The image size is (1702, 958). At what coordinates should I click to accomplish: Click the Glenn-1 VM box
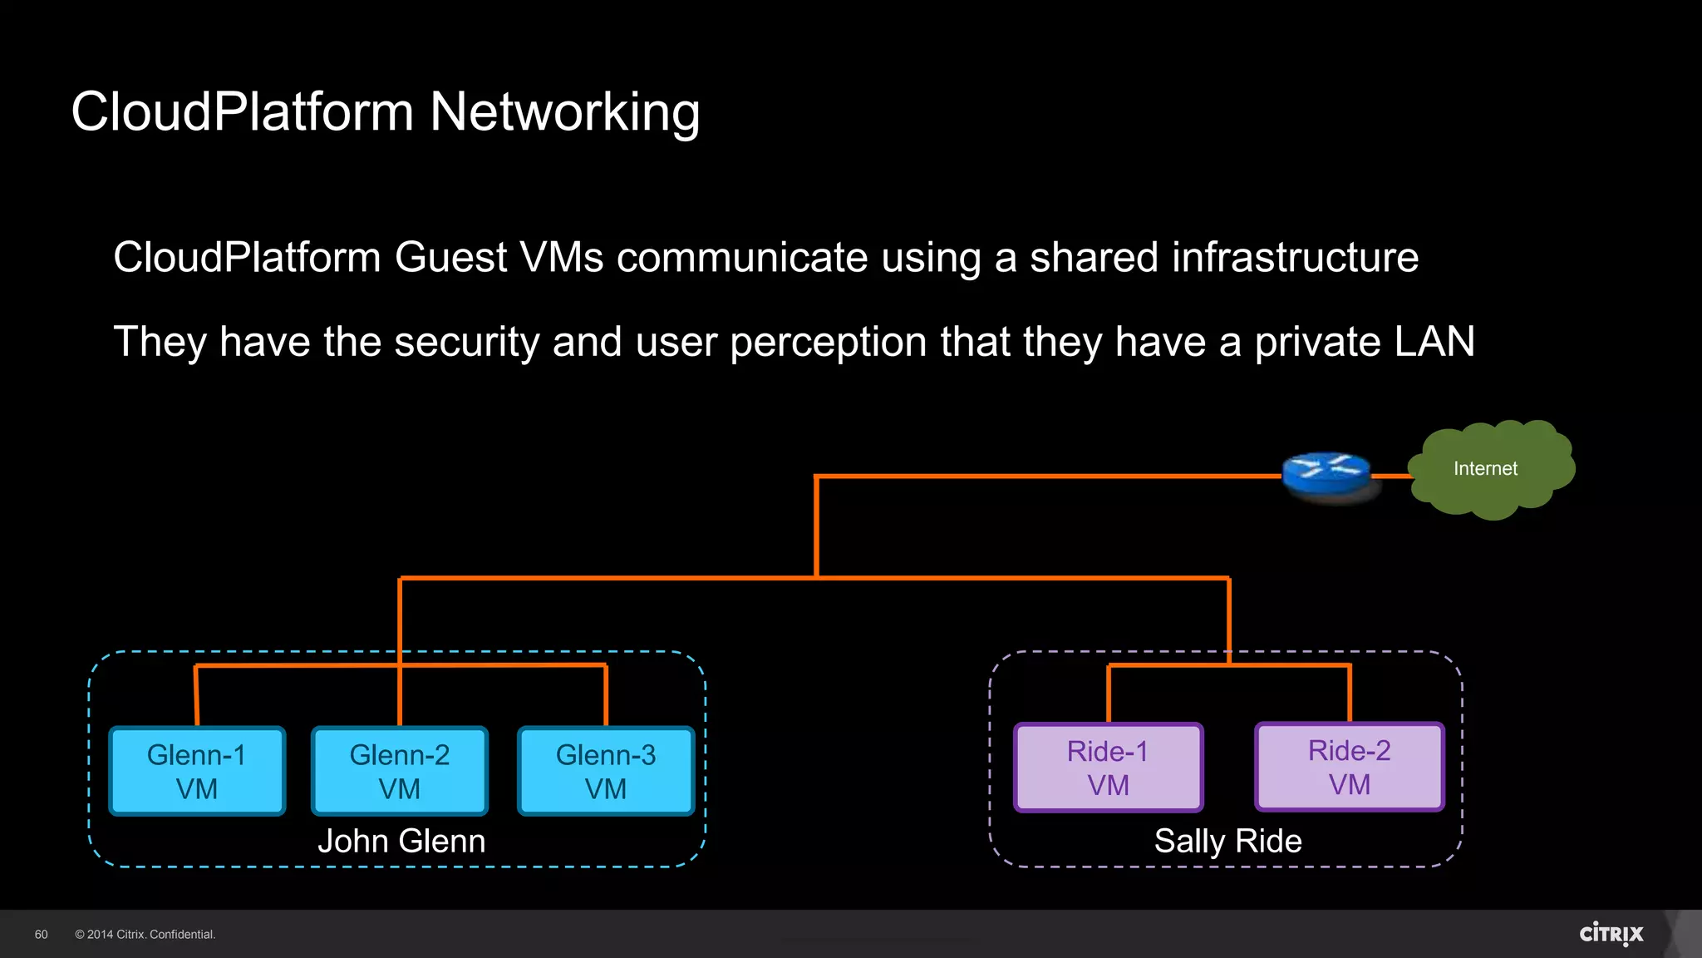197,771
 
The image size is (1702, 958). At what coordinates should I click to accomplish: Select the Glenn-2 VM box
400,771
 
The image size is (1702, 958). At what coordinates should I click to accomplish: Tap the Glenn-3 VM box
606,771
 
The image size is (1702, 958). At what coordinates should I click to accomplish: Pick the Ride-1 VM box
1108,768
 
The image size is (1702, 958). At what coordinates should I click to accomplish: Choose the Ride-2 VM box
1349,767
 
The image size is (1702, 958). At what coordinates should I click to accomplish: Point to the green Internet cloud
1492,470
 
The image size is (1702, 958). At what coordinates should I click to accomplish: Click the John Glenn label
401,841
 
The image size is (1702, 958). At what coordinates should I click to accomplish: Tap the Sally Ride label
1227,841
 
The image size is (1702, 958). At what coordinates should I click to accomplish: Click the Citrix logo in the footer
1611,934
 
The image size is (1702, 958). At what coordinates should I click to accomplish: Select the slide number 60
42,935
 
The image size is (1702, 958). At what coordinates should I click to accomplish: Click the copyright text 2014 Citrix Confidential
145,935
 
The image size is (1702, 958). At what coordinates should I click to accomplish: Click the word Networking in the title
565,112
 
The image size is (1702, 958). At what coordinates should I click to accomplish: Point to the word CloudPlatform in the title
242,112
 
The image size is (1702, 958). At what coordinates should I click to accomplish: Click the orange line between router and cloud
1390,477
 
